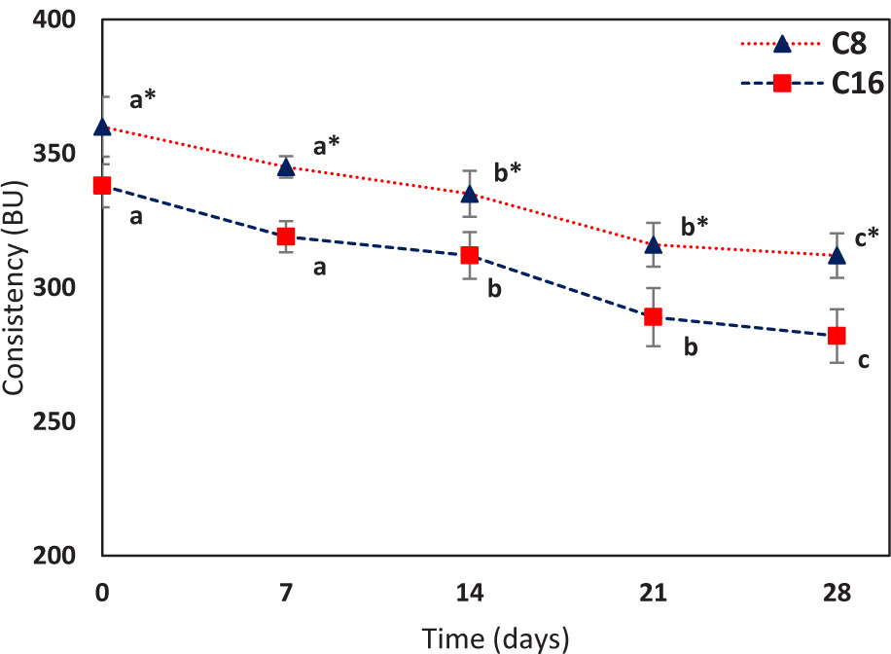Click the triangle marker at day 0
(102, 127)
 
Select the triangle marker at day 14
(470, 194)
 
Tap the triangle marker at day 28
(837, 255)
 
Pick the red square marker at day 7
(286, 236)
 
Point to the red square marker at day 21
(653, 316)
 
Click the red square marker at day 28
(837, 336)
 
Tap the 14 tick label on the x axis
(470, 592)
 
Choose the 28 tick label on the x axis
(837, 592)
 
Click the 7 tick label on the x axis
(286, 592)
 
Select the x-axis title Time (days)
(496, 637)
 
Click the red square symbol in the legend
(781, 84)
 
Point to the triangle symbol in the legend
(781, 43)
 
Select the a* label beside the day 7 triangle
(326, 147)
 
